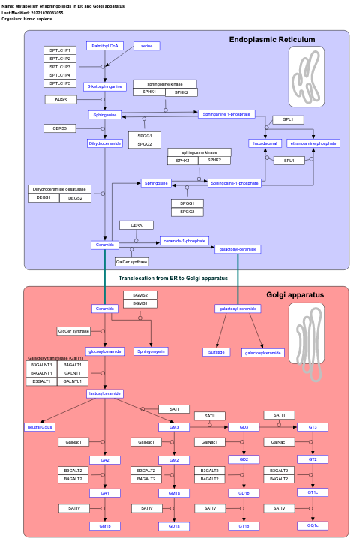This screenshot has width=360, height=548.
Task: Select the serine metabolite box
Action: coord(147,46)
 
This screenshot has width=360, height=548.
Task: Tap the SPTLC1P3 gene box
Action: coord(60,67)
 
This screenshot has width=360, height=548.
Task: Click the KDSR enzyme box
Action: coord(60,99)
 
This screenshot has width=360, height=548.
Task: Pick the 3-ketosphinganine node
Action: coord(104,86)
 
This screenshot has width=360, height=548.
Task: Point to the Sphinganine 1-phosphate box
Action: coord(226,114)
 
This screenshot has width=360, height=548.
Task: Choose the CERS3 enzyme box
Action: coord(60,128)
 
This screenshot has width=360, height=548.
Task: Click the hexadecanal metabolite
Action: coord(265,143)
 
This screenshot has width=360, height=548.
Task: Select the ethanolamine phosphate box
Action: coord(313,143)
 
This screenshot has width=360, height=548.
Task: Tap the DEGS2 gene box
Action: coord(75,198)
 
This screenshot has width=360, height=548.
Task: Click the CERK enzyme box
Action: coord(136,225)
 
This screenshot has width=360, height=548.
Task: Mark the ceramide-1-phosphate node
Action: coord(184,241)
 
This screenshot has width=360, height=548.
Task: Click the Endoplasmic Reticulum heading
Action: coord(271,39)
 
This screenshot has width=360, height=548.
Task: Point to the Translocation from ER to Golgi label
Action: coord(172,278)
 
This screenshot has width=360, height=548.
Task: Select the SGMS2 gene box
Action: coord(140,295)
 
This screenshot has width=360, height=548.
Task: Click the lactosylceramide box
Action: coord(105,393)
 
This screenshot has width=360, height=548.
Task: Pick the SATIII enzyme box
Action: coord(279,415)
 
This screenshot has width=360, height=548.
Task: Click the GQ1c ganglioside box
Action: coord(313,525)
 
